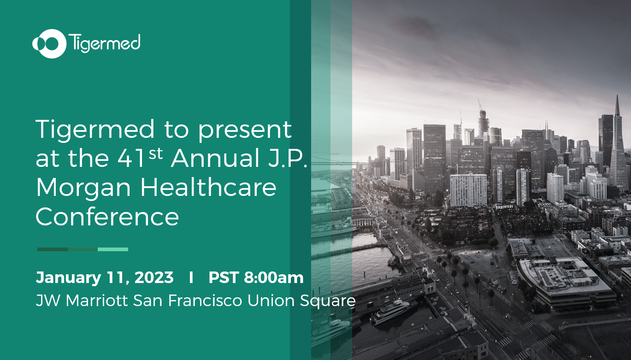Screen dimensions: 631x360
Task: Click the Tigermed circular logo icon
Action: tap(50, 44)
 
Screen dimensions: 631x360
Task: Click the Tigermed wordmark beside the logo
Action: tap(104, 43)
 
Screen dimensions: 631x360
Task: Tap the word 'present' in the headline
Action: tap(245, 130)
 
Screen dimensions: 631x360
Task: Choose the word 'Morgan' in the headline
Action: tap(83, 188)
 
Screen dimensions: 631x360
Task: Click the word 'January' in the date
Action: tap(69, 278)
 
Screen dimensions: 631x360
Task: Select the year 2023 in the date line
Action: tap(154, 277)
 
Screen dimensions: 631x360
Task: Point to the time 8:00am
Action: tap(274, 277)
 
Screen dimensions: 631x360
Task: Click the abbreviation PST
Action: tap(224, 277)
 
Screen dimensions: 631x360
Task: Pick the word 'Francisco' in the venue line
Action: tap(205, 300)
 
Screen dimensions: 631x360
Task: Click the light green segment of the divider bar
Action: tap(113, 249)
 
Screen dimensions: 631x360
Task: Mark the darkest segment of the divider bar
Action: tap(53, 249)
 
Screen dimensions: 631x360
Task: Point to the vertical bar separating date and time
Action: tap(191, 277)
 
